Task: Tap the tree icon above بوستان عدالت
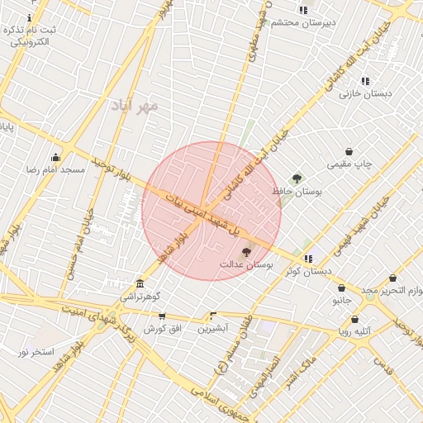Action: (x=245, y=251)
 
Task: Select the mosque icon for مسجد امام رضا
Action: (x=55, y=157)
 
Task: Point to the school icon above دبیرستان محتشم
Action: (x=303, y=10)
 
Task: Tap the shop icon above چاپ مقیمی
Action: (x=349, y=151)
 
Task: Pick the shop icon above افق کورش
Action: (x=162, y=316)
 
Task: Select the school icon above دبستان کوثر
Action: (x=309, y=259)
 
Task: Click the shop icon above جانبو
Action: (x=348, y=288)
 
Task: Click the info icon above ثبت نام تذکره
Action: (x=31, y=17)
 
